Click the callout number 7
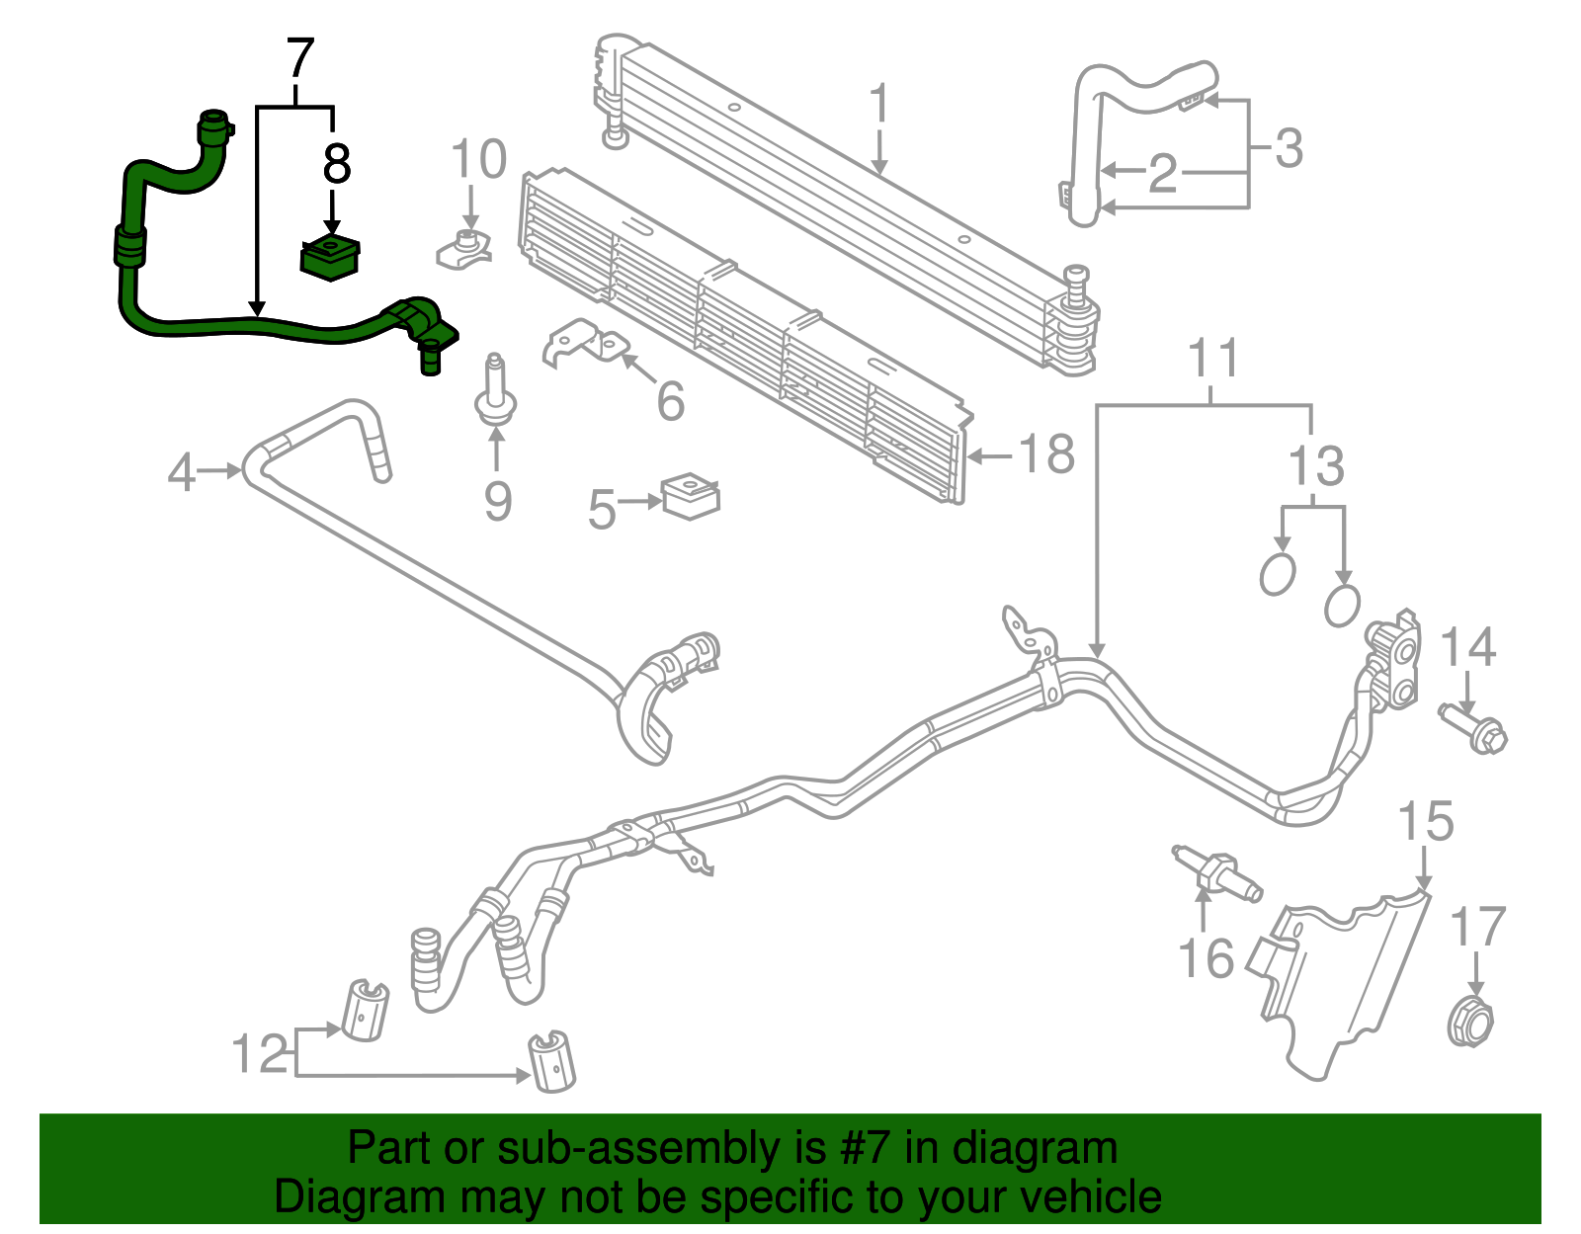[x=299, y=61]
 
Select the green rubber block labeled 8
[x=330, y=258]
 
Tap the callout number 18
[x=1046, y=455]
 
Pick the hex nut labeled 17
[x=1469, y=1024]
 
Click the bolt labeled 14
[x=1474, y=726]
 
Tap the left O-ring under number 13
[x=1278, y=574]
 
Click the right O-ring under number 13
[x=1341, y=606]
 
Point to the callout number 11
[x=1212, y=359]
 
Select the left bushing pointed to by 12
[x=365, y=1009]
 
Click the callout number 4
[x=181, y=472]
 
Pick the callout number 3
[x=1289, y=148]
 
